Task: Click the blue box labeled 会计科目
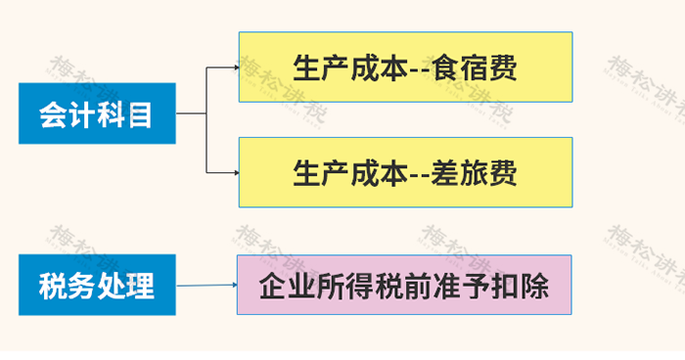click(97, 115)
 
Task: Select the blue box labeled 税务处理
click(97, 285)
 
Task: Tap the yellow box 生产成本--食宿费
click(405, 67)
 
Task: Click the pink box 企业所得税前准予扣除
click(404, 285)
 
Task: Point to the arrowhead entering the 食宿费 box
click(235, 67)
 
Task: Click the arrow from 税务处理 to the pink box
click(205, 286)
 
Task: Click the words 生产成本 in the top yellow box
click(348, 67)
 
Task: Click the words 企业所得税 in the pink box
click(330, 286)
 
